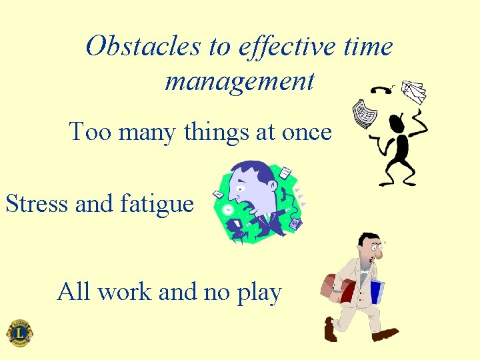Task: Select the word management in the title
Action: click(x=239, y=81)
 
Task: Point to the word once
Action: click(x=307, y=132)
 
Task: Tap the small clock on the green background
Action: click(x=228, y=209)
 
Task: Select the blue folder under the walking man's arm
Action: click(x=377, y=292)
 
